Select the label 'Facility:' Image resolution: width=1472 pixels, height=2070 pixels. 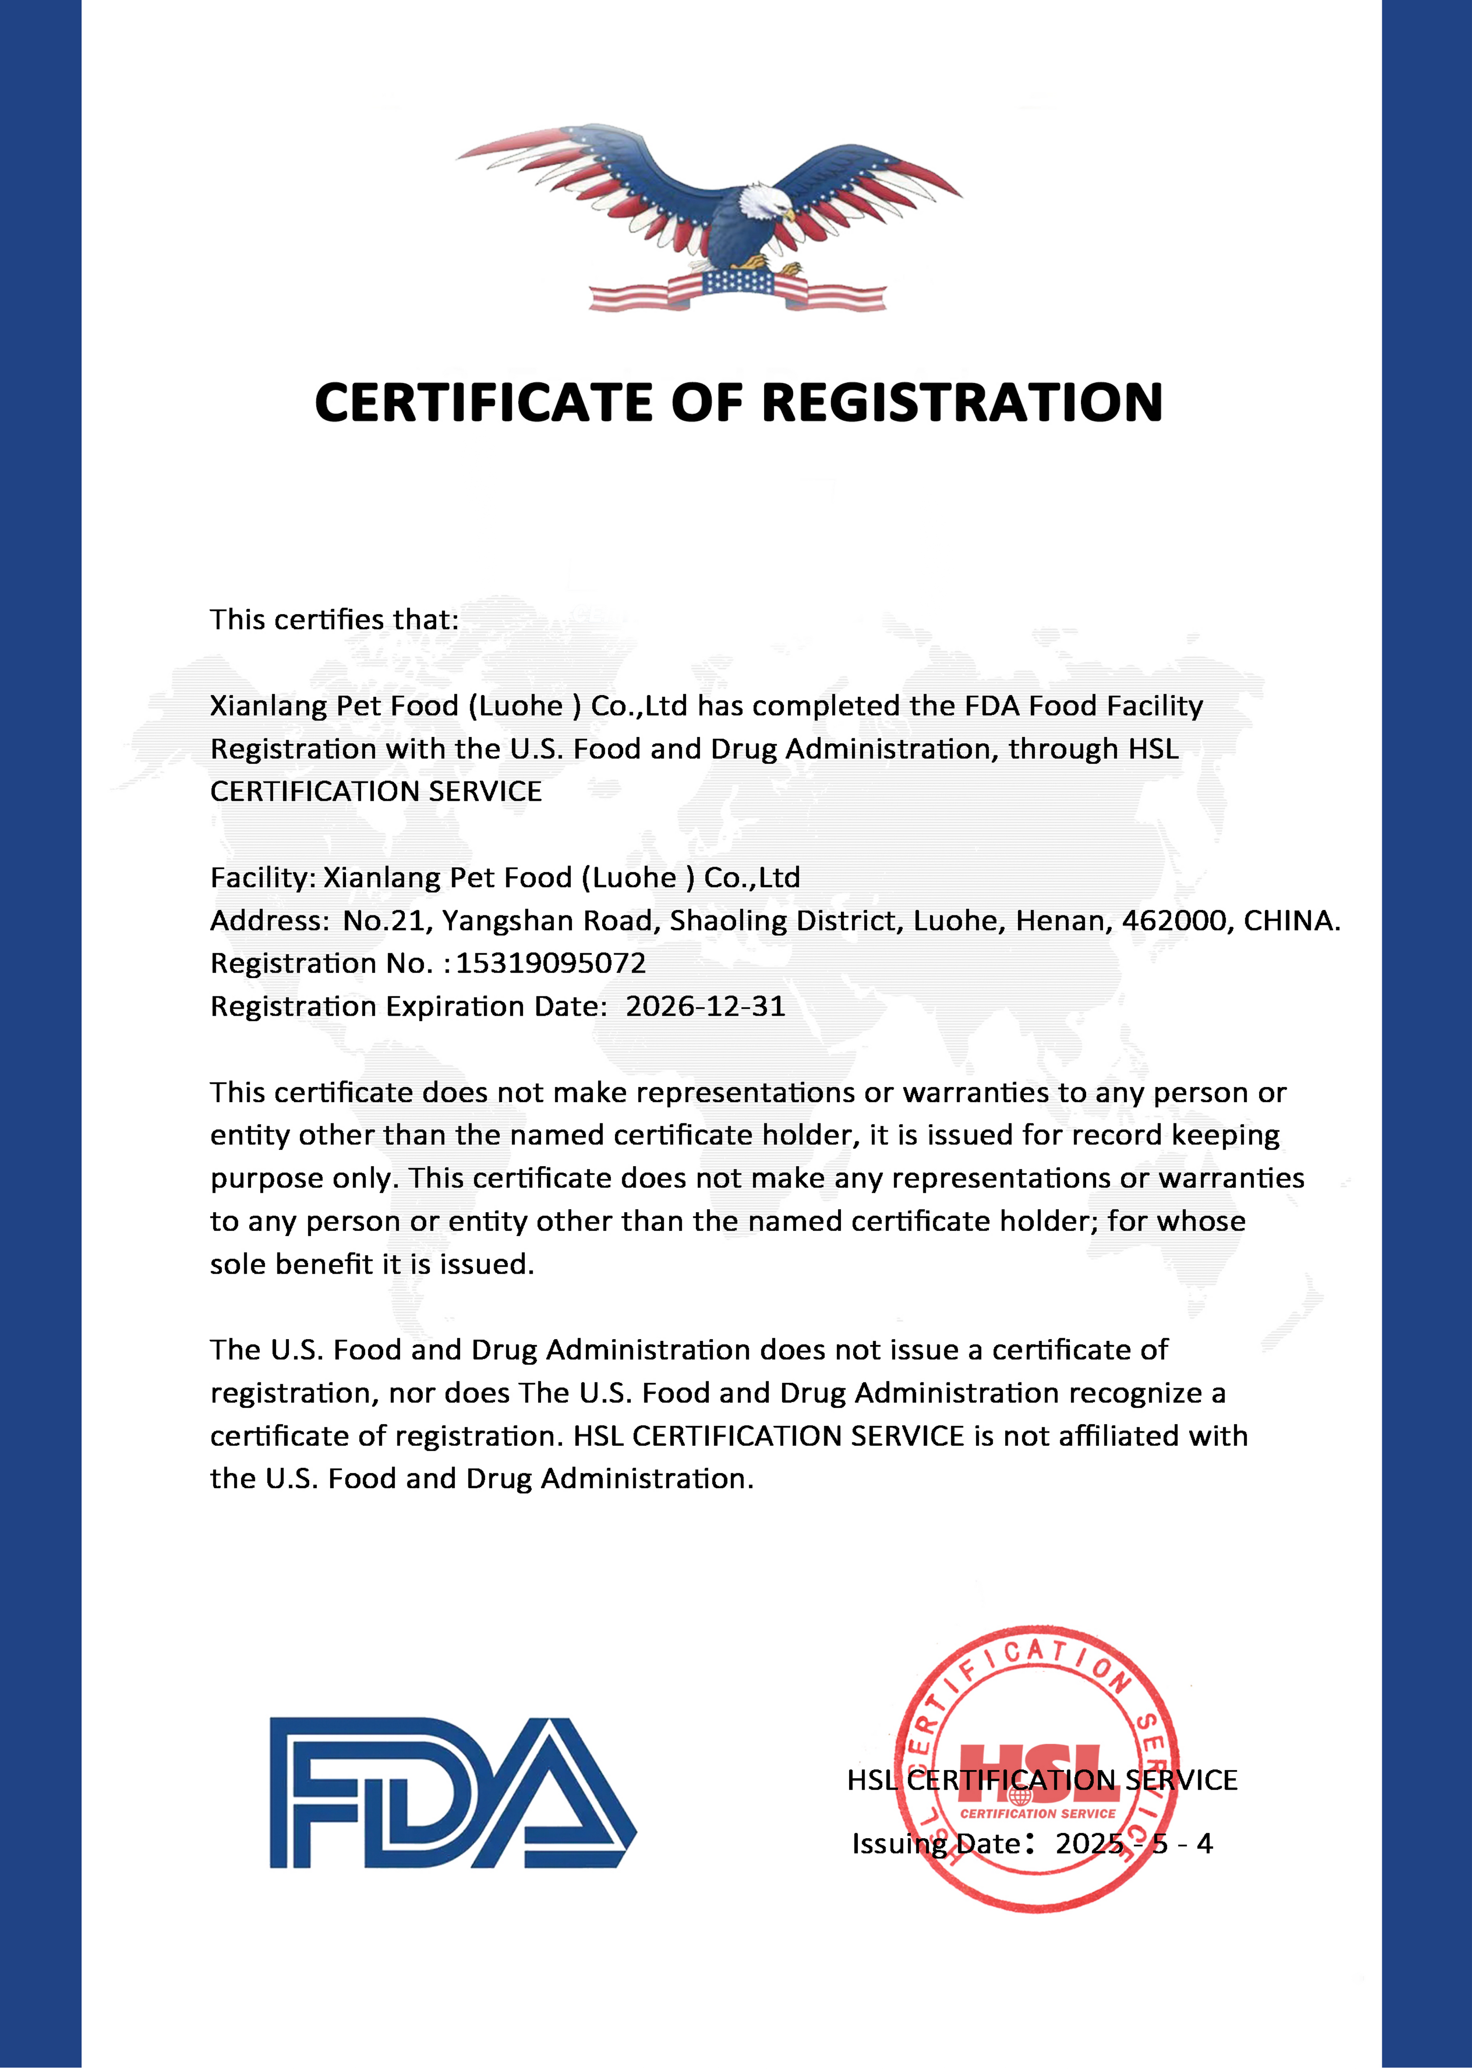[263, 877]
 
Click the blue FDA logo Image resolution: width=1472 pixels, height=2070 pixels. [453, 1793]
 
